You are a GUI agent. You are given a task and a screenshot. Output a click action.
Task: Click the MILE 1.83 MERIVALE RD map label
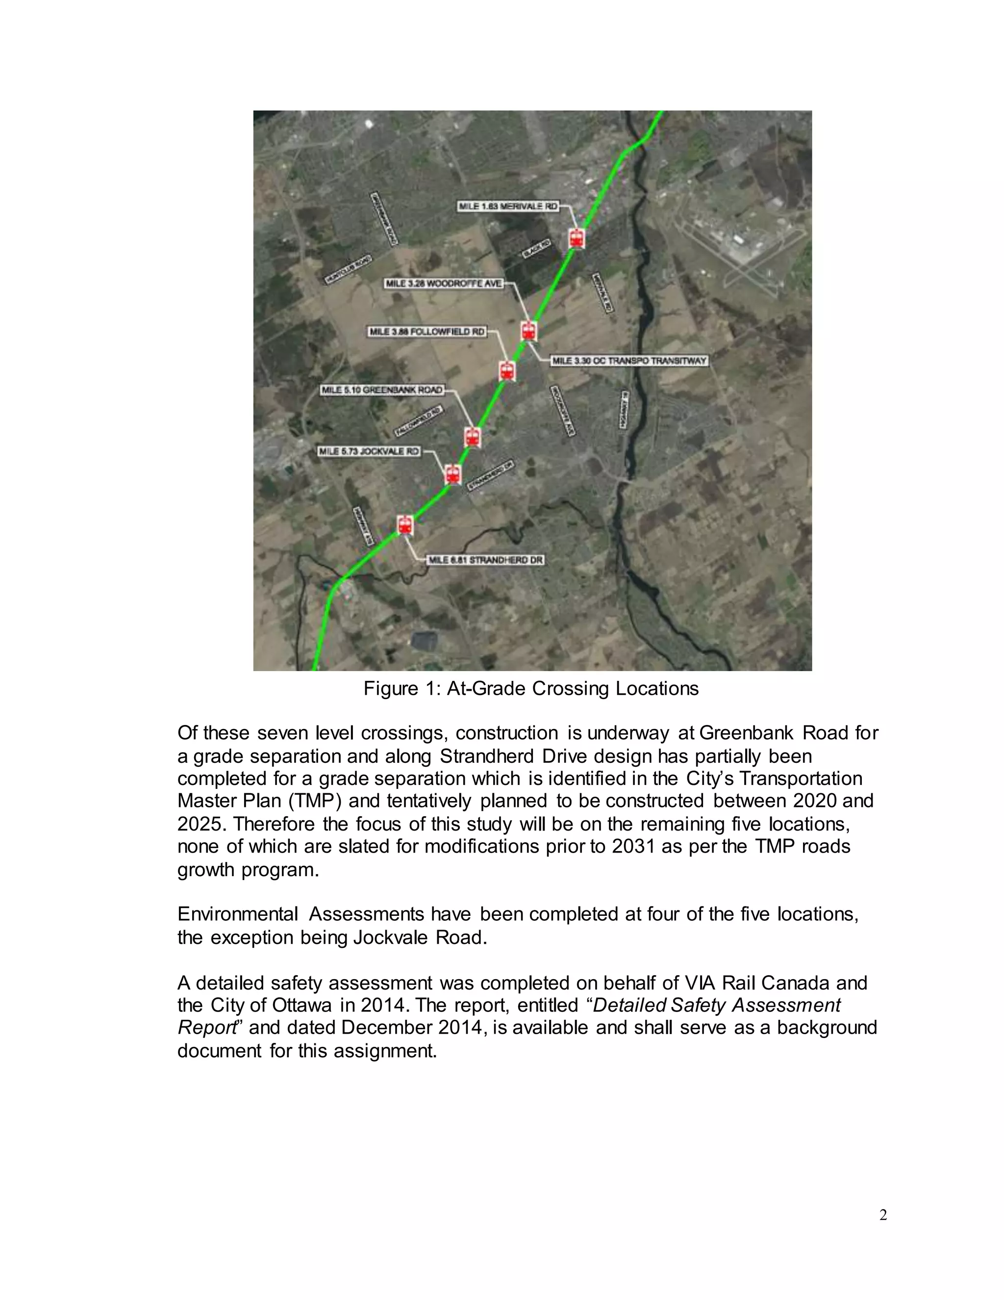pyautogui.click(x=508, y=206)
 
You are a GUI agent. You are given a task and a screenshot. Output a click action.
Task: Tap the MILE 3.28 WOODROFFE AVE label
pyautogui.click(x=444, y=284)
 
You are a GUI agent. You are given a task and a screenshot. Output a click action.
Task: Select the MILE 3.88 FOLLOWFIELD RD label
pyautogui.click(x=427, y=332)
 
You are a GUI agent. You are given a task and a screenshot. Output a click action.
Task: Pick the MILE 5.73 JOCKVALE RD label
pyautogui.click(x=369, y=451)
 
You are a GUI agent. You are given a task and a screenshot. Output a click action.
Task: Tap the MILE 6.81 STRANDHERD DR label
pyautogui.click(x=485, y=560)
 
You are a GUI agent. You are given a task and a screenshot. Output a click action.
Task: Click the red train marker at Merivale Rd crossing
pyautogui.click(x=576, y=237)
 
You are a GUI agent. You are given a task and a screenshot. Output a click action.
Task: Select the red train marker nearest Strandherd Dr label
pyautogui.click(x=405, y=525)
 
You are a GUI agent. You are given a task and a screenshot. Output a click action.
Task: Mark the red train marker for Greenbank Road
pyautogui.click(x=472, y=438)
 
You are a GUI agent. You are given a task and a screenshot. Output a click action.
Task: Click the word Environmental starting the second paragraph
pyautogui.click(x=237, y=914)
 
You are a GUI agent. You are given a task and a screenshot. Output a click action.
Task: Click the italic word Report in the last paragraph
pyautogui.click(x=207, y=1028)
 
